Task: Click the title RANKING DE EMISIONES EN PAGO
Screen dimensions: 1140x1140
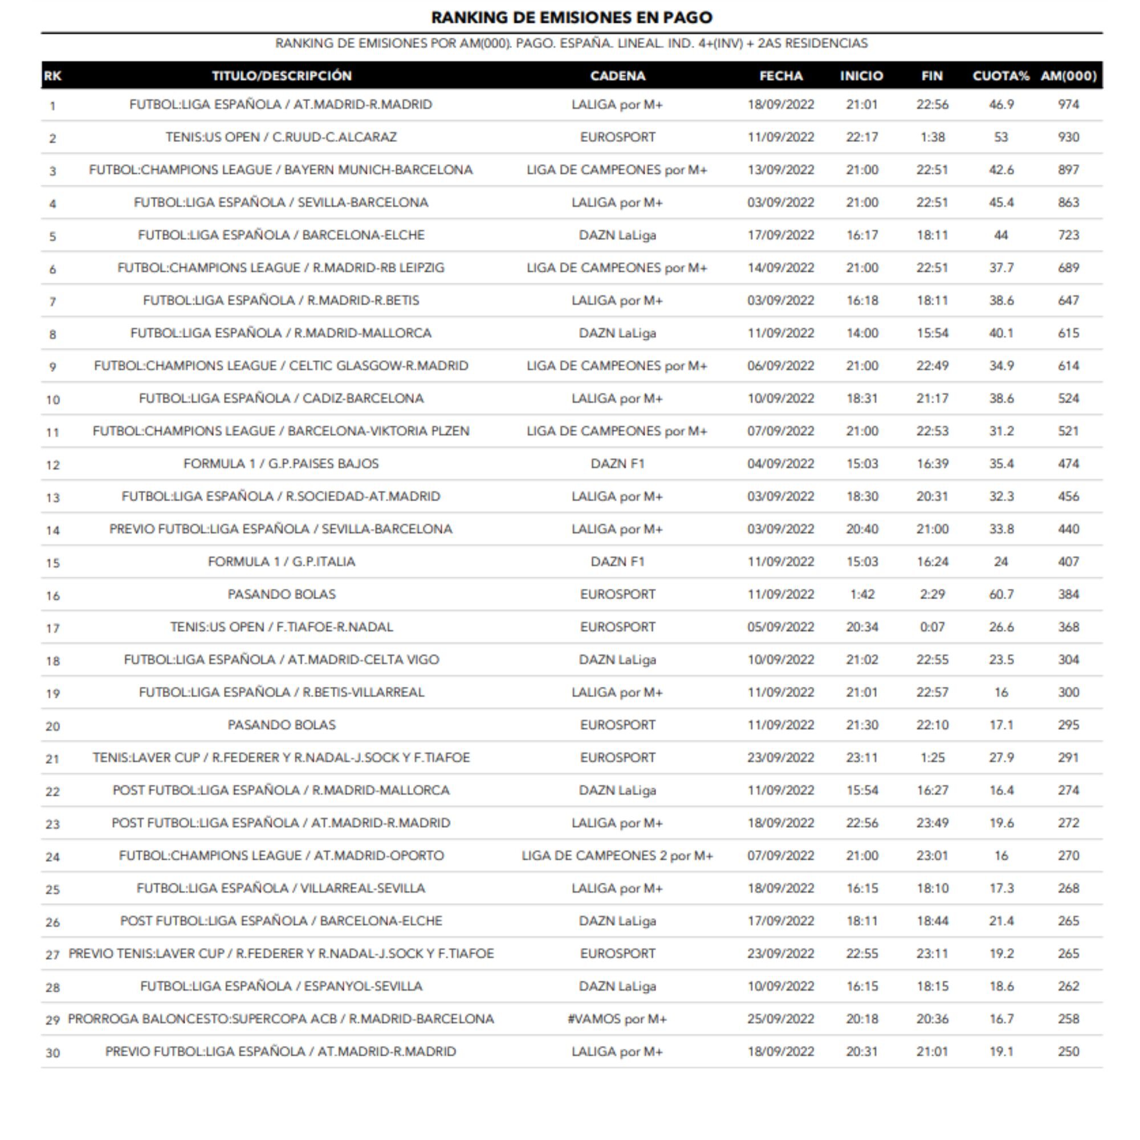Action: [x=571, y=17]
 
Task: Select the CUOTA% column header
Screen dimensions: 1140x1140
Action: [x=1001, y=76]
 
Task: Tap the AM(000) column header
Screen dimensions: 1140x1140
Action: [x=1068, y=76]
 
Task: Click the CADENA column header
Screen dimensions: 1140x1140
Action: [x=617, y=76]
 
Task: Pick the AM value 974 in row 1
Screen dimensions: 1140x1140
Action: [x=1068, y=104]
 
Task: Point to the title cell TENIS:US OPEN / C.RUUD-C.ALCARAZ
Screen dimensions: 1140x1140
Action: [x=281, y=137]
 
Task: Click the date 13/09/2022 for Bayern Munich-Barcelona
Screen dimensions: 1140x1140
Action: [x=780, y=170]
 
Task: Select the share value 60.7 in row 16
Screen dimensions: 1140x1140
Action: [x=1001, y=594]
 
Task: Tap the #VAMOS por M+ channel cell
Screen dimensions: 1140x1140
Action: [x=617, y=1019]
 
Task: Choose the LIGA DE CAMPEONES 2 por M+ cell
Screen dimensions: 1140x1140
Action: [x=617, y=856]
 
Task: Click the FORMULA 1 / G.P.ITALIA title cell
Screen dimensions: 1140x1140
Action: [x=281, y=562]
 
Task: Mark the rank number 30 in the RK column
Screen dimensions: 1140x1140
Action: [x=52, y=1053]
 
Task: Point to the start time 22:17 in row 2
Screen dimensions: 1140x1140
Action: [x=861, y=137]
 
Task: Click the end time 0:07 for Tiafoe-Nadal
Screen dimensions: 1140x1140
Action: [x=933, y=626]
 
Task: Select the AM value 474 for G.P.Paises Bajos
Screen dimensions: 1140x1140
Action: [x=1068, y=464]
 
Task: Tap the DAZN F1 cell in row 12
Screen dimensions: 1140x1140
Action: [x=617, y=464]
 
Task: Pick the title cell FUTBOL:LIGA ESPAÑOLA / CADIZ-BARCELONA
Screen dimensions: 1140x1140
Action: [x=281, y=398]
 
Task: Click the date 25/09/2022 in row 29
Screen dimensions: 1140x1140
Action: [x=780, y=1019]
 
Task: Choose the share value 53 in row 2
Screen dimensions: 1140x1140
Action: [x=1001, y=137]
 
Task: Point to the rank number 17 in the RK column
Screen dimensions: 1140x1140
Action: [x=52, y=628]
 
